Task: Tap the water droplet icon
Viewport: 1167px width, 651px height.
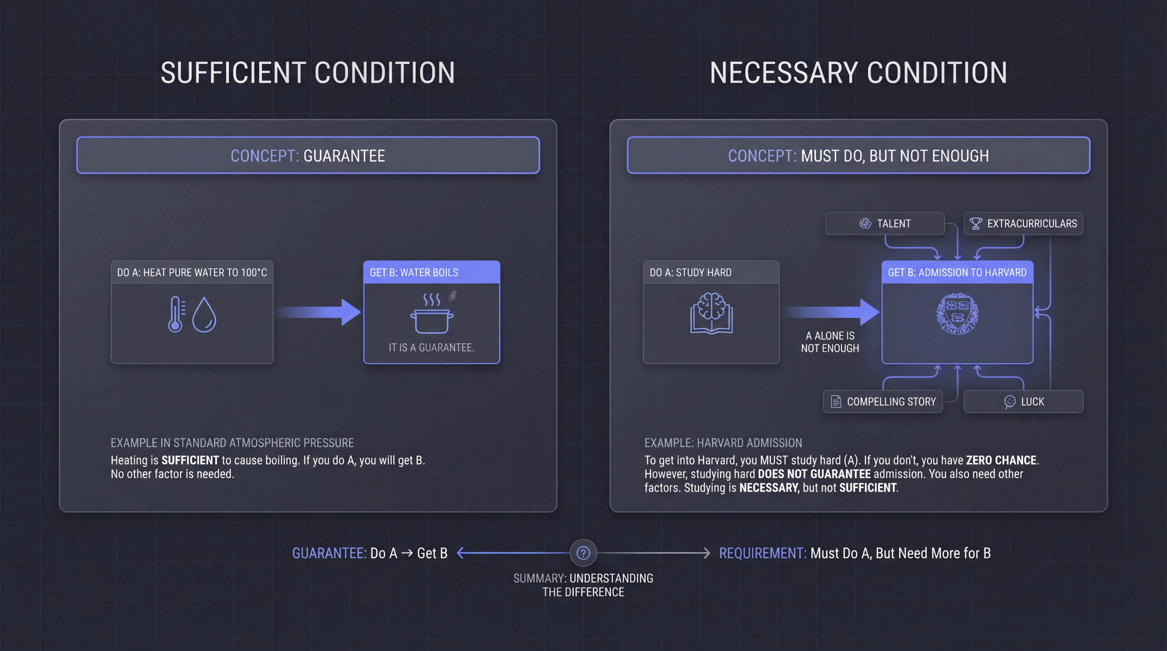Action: click(x=204, y=315)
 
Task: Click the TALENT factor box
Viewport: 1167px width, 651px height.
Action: click(x=885, y=224)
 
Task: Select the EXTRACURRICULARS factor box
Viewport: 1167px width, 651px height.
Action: click(x=1023, y=224)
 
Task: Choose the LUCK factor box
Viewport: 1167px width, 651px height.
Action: click(x=1023, y=402)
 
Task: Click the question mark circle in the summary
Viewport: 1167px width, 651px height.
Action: click(x=583, y=553)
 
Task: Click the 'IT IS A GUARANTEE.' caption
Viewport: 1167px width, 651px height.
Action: click(x=431, y=348)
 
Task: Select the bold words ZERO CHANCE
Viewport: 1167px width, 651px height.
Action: click(x=1001, y=460)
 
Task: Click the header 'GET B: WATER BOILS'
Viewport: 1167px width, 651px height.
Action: click(x=414, y=273)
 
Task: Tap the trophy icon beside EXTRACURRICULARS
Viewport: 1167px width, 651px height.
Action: click(x=975, y=224)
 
